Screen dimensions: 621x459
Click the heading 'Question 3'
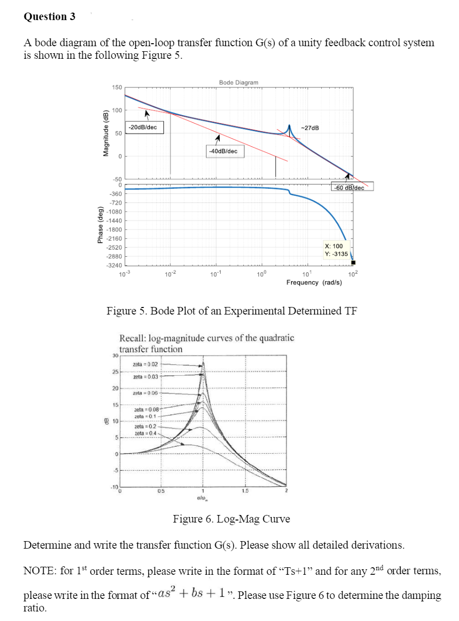click(x=49, y=17)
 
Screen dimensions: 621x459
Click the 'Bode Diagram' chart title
click(x=239, y=82)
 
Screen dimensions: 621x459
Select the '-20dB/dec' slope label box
click(x=143, y=128)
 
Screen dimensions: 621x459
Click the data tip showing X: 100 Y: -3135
click(x=334, y=250)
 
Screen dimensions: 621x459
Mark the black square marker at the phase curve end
click(x=353, y=262)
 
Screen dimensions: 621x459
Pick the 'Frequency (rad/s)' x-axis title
click(x=314, y=283)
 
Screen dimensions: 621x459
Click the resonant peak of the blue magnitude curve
click(x=290, y=124)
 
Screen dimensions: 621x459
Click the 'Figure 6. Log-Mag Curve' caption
click(x=231, y=519)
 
